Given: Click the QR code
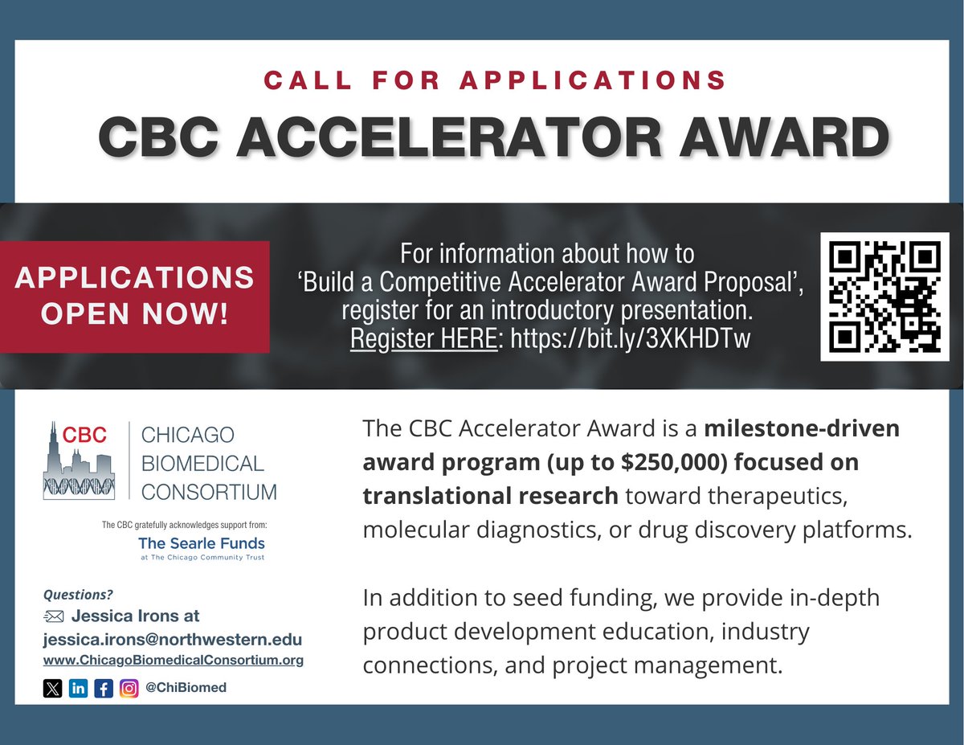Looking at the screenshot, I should point(879,297).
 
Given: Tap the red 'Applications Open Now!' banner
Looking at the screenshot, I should point(134,297).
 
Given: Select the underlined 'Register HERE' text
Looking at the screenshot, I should point(423,338).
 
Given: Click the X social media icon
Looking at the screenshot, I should point(52,688).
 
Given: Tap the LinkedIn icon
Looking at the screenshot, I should point(78,688).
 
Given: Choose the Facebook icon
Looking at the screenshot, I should point(104,688).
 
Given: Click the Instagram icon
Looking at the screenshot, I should point(129,688).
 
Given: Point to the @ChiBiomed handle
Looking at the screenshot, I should point(186,688).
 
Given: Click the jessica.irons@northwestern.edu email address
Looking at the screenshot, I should point(172,640).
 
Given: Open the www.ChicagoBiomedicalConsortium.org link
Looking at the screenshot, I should point(173,661).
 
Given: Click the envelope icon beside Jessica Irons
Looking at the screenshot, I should point(52,617).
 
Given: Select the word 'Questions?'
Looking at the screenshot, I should point(78,596).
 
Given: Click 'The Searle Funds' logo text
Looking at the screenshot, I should point(201,543).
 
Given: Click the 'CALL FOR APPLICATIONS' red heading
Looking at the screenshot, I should point(496,80).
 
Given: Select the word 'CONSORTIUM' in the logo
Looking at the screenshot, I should point(208,491).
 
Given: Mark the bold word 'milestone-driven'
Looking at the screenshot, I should point(803,428).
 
